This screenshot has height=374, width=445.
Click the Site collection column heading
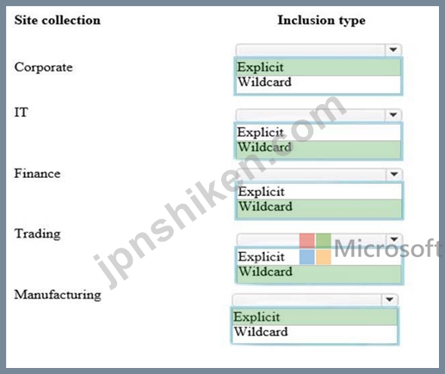(x=58, y=21)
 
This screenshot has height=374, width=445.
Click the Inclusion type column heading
(x=321, y=21)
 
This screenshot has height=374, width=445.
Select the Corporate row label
(x=44, y=68)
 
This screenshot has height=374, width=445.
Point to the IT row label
(x=22, y=112)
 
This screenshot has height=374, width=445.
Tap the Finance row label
(x=37, y=174)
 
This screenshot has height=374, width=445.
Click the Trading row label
(x=38, y=234)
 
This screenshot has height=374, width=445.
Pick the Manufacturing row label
(x=58, y=295)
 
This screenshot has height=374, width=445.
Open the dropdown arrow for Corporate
(x=393, y=50)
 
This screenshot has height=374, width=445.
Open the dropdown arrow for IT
(x=393, y=114)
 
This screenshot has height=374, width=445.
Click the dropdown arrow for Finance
(x=394, y=174)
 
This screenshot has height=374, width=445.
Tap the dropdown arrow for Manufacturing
(x=389, y=299)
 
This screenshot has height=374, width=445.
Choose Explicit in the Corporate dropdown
(x=260, y=67)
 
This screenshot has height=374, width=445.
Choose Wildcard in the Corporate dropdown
(x=264, y=82)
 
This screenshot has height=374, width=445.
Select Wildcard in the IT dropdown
(x=264, y=147)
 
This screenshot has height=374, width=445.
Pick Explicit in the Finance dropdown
(x=262, y=192)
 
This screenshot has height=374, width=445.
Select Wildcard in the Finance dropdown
(x=266, y=206)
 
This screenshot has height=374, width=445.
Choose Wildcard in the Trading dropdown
(x=266, y=272)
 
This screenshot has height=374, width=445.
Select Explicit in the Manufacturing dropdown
(x=256, y=317)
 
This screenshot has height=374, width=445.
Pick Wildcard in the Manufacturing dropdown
(x=261, y=332)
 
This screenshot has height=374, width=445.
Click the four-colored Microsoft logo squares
(x=315, y=248)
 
